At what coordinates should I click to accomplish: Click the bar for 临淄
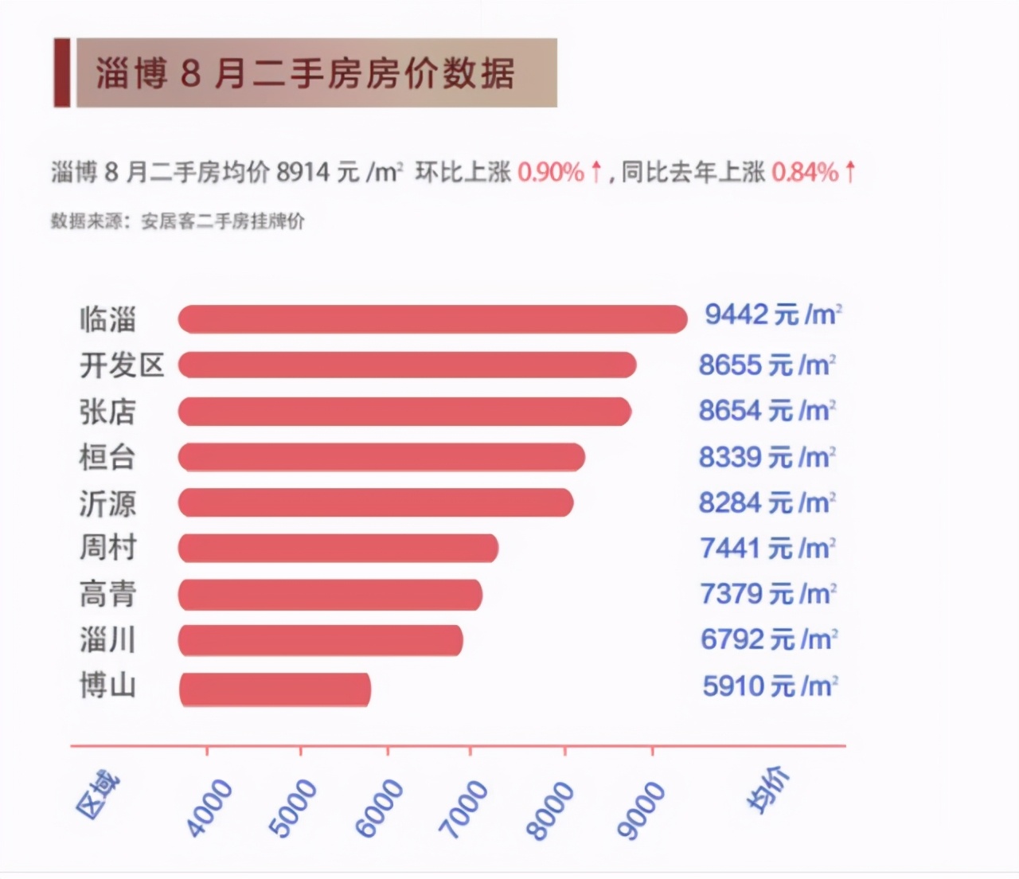coord(432,319)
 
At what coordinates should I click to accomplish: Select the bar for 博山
coord(275,690)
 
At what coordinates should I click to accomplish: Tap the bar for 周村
coord(338,549)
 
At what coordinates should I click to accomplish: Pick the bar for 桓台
coord(381,457)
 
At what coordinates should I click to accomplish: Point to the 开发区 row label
coord(122,365)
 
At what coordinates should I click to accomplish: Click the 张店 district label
coord(107,412)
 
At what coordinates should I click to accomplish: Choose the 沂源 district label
coord(107,503)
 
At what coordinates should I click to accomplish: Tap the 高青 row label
coord(107,594)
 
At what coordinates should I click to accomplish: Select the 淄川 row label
coord(107,640)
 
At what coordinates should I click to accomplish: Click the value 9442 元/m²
coord(772,315)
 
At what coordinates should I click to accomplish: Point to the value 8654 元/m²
coord(767,411)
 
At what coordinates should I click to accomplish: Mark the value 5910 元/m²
coord(770,686)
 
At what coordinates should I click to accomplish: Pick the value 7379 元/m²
coord(767,594)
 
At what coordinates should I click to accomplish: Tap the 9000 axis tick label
coord(641,810)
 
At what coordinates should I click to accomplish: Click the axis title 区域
coord(98,795)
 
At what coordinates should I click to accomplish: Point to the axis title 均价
coord(768,790)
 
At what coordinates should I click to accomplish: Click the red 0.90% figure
coord(551,172)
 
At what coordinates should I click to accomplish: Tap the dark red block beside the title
coord(61,72)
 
